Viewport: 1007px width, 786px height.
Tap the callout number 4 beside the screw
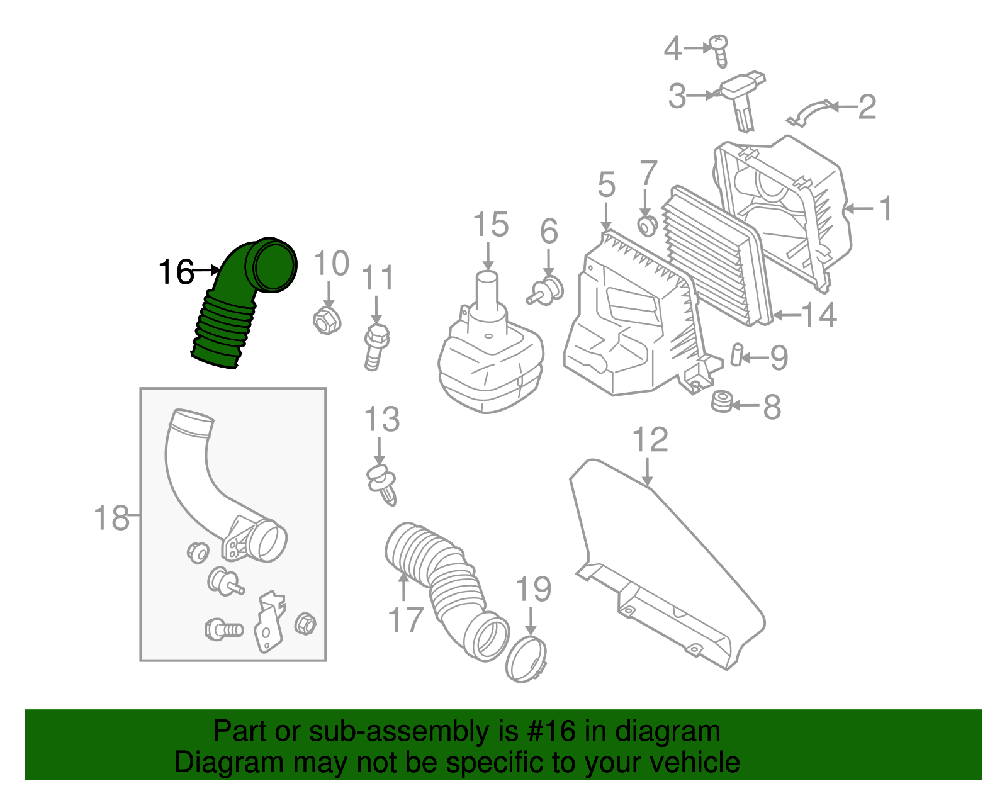point(672,48)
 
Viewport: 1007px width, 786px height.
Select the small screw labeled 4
point(719,50)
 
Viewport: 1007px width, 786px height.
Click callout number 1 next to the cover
point(885,208)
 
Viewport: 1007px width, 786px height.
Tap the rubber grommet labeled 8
point(721,401)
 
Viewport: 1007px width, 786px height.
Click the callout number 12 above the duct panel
point(650,440)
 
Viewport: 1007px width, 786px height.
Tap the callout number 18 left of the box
point(111,518)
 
